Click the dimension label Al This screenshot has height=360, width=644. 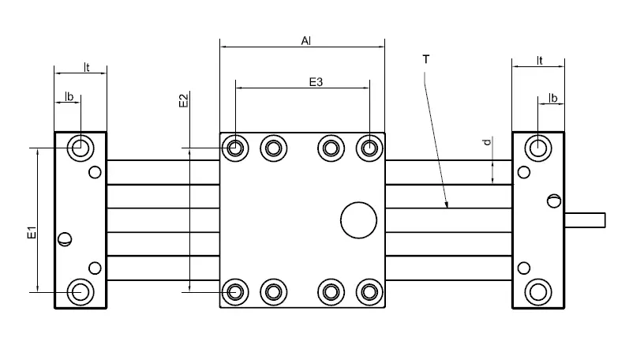pyautogui.click(x=305, y=39)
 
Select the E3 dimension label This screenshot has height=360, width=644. pyautogui.click(x=316, y=81)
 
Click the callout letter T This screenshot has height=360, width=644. pyautogui.click(x=425, y=60)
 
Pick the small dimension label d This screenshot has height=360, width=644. pyautogui.click(x=487, y=142)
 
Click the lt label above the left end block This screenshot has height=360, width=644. pyautogui.click(x=87, y=67)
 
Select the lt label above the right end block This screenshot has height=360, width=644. pyautogui.click(x=540, y=60)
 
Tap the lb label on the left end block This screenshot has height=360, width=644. pyautogui.click(x=69, y=97)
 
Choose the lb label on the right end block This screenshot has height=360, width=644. pyautogui.click(x=553, y=98)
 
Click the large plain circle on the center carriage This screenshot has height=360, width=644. pyautogui.click(x=359, y=219)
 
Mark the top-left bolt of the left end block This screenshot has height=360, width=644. pyautogui.click(x=79, y=147)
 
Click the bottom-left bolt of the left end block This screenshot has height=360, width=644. pyautogui.click(x=79, y=291)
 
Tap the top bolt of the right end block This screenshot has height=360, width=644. pyautogui.click(x=539, y=147)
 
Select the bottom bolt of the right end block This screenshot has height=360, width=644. pyautogui.click(x=539, y=291)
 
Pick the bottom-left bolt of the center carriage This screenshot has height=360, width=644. pyautogui.click(x=234, y=291)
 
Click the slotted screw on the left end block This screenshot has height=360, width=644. pyautogui.click(x=65, y=238)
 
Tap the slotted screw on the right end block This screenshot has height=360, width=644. pyautogui.click(x=554, y=201)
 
